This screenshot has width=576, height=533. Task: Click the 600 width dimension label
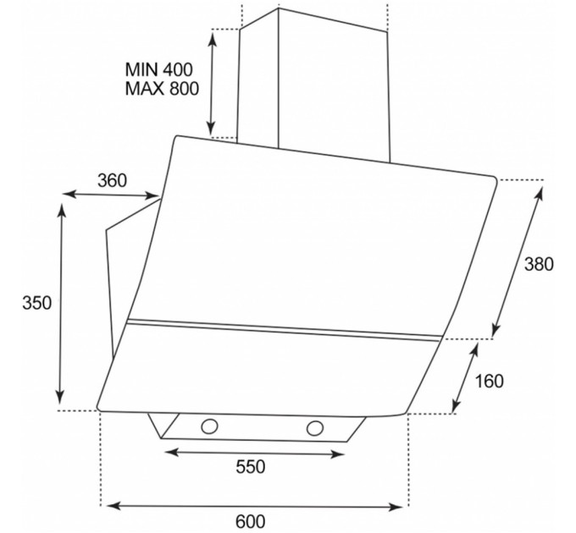pyautogui.click(x=251, y=521)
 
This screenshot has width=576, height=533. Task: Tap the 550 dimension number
pyautogui.click(x=251, y=467)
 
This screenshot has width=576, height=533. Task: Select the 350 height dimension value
pyautogui.click(x=36, y=304)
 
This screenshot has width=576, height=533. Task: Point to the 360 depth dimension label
pyautogui.click(x=112, y=180)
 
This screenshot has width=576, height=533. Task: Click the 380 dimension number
pyautogui.click(x=539, y=264)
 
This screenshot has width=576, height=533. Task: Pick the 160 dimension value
pyautogui.click(x=490, y=381)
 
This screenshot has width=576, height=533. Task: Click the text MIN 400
pyautogui.click(x=158, y=69)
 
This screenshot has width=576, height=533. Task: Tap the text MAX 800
pyautogui.click(x=162, y=88)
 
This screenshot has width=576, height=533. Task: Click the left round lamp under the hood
pyautogui.click(x=209, y=426)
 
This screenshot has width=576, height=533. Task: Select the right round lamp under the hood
pyautogui.click(x=315, y=428)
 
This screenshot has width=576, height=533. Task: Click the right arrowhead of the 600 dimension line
pyautogui.click(x=396, y=508)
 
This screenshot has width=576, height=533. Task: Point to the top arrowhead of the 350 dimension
pyautogui.click(x=62, y=210)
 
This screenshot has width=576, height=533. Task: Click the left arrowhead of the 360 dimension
pyautogui.click(x=69, y=193)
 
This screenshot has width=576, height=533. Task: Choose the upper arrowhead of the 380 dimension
pyautogui.click(x=539, y=193)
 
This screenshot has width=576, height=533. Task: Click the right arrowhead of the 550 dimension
pyautogui.click(x=338, y=455)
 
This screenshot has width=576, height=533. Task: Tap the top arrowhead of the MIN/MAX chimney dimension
pyautogui.click(x=213, y=38)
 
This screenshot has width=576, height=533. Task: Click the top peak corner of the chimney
pyautogui.click(x=278, y=8)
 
